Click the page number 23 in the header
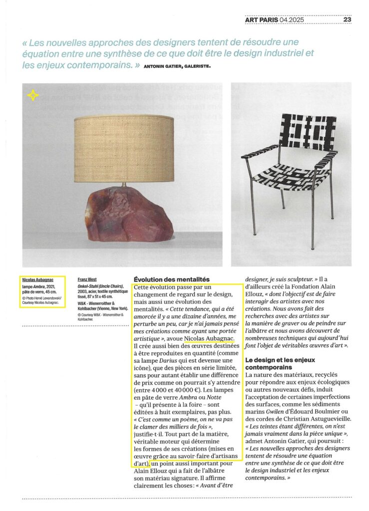348,20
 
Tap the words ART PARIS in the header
262,20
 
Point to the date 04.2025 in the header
293,20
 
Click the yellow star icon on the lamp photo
33,95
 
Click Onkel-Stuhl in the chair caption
90,286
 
